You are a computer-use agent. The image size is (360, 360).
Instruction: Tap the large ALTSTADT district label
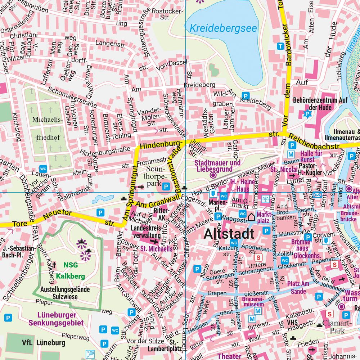[x=229, y=234]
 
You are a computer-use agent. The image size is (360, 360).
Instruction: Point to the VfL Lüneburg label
[x=44, y=342]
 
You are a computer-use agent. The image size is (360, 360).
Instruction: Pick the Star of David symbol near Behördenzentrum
[x=307, y=114]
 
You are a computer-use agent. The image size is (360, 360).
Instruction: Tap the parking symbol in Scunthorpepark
[x=166, y=186]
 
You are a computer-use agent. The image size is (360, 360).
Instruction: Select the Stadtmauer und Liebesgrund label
[x=217, y=166]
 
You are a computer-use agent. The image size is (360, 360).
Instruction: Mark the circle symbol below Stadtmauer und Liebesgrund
[x=212, y=175]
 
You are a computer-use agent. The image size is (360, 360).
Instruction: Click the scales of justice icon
[x=266, y=198]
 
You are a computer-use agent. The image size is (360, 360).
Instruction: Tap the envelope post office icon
[x=317, y=195]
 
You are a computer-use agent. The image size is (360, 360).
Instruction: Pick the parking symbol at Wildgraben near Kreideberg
[x=245, y=96]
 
